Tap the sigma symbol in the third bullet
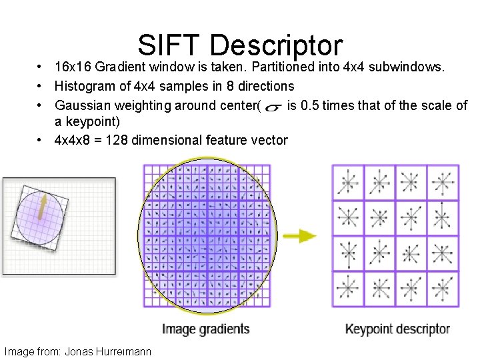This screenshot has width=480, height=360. [273, 106]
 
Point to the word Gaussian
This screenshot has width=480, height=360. [81, 105]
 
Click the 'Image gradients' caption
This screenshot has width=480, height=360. [205, 329]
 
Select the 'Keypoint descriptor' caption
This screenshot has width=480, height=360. [397, 329]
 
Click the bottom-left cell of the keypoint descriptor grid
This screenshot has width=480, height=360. [348, 289]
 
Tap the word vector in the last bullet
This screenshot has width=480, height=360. [271, 140]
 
